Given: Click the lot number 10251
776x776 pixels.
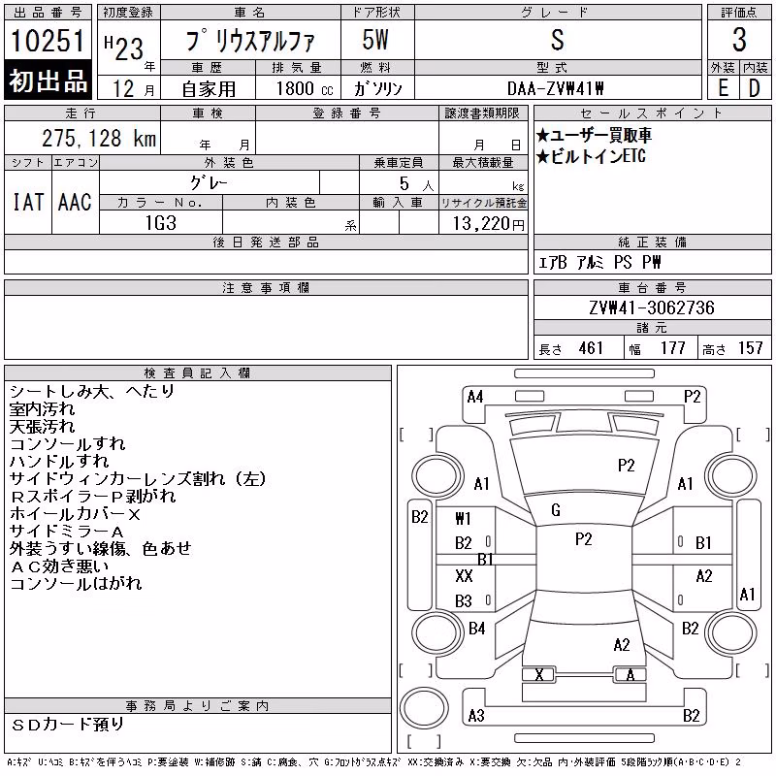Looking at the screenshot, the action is pos(48,40).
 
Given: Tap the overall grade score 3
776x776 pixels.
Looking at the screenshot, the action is pos(739,40).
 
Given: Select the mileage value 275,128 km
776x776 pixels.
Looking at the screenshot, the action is pos(99,138).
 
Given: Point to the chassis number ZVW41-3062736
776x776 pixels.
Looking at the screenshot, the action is pos(652,307).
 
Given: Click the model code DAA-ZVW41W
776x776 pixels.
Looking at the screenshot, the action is pos(556,88).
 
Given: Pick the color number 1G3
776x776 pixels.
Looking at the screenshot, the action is pos(160,223).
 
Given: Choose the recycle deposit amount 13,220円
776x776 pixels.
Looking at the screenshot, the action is pos(489,224).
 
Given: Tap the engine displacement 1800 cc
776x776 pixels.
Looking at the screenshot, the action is pos(305,88).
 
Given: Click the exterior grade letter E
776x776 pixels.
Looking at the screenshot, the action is pos(723,88).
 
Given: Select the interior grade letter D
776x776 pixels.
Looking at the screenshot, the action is pos(755,88).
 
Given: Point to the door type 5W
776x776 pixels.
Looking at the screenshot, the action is pos(375,40).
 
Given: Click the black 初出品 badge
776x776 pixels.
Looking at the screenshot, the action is pos(48,81).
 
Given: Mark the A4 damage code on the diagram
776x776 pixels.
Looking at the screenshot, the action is pos(475,397).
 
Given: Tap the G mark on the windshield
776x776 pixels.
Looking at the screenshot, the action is pos(556,510).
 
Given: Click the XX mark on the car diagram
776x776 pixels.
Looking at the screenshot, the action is pos(464,575).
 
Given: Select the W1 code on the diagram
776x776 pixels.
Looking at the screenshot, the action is pos(463,519).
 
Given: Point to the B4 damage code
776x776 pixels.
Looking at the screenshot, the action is pos(476,629).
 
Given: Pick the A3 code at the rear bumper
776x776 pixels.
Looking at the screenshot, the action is pos(476,716).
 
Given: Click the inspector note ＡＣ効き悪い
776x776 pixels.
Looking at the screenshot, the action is pos(59,566).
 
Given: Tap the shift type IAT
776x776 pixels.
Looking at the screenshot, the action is pos(28,202).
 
